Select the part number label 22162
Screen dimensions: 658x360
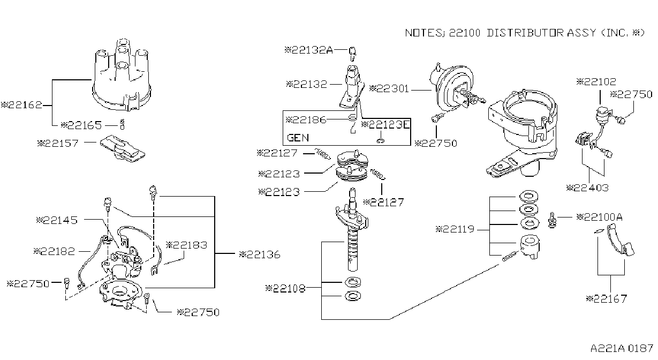click(x=22, y=105)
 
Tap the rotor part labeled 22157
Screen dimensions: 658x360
click(x=123, y=149)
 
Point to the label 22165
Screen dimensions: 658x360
click(x=81, y=125)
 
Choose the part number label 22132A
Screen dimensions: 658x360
click(x=309, y=50)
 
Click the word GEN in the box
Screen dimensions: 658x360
click(x=298, y=138)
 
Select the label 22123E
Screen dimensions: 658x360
click(x=385, y=125)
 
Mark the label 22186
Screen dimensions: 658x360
click(x=306, y=120)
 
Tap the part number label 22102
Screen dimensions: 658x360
click(x=596, y=81)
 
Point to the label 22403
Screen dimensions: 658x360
click(x=587, y=188)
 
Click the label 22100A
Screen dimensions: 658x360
click(x=599, y=217)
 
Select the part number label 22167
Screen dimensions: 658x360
click(x=606, y=299)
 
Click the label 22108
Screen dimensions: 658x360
click(x=285, y=289)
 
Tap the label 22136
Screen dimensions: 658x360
click(x=260, y=254)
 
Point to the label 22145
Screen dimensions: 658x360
click(x=57, y=220)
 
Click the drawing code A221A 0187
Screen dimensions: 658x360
click(x=622, y=349)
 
